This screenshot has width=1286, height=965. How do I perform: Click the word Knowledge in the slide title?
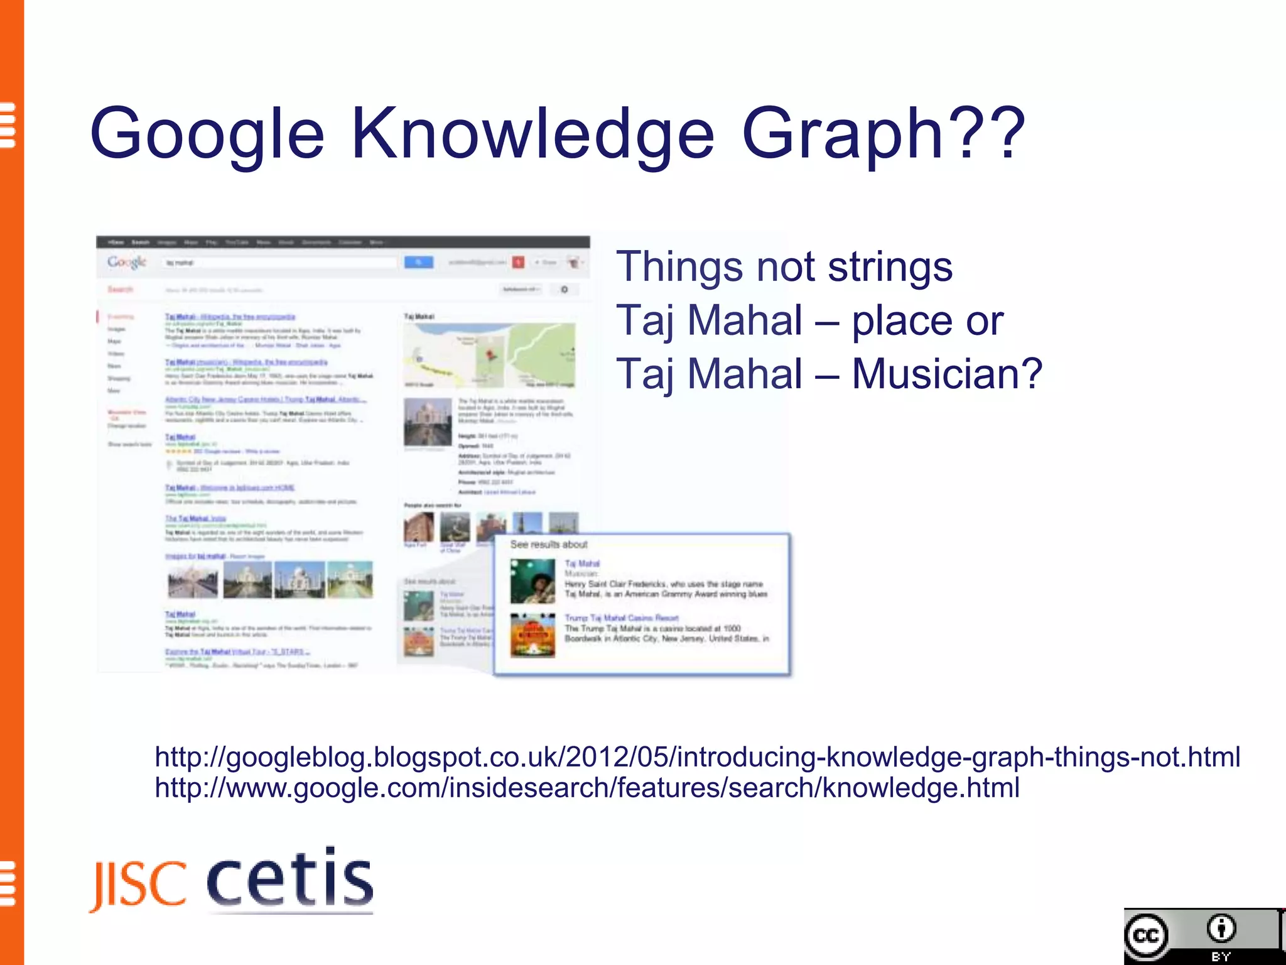click(x=532, y=134)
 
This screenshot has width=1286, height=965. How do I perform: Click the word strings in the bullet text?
click(x=890, y=266)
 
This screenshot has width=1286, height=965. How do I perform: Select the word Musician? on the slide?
click(x=947, y=374)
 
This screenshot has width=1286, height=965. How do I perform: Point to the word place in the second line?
click(x=903, y=320)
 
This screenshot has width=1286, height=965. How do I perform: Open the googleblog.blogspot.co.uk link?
click(x=697, y=757)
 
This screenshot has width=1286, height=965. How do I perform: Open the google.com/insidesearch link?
click(x=587, y=788)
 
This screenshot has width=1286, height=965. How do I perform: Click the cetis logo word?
click(x=290, y=878)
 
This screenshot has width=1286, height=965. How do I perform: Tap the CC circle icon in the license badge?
click(x=1147, y=936)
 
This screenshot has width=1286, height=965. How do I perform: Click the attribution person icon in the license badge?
click(x=1221, y=929)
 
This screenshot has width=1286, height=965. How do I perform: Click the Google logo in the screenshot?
click(x=126, y=262)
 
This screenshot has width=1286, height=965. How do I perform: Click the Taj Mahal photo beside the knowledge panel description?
click(x=427, y=422)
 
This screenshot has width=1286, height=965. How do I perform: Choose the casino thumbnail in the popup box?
click(x=532, y=635)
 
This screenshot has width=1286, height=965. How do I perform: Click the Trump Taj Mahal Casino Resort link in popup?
click(x=621, y=618)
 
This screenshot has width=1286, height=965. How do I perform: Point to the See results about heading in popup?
click(x=548, y=545)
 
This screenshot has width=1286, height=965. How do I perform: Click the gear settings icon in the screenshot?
click(x=564, y=290)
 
